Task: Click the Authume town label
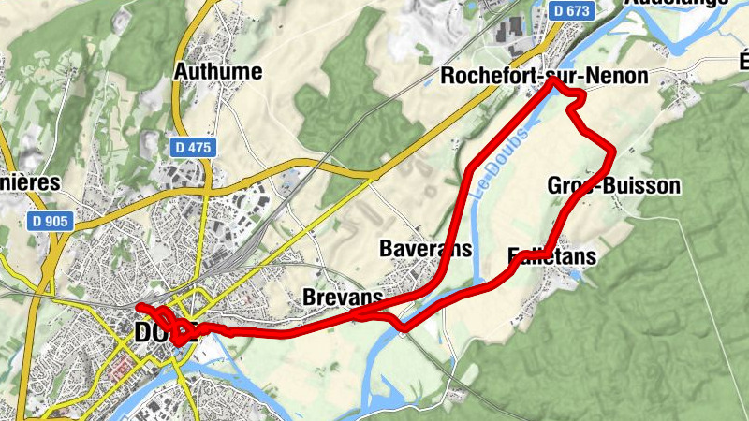click(218, 71)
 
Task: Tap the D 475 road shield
click(194, 148)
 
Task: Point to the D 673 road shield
click(572, 10)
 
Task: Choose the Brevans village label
click(344, 297)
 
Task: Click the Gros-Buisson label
click(613, 185)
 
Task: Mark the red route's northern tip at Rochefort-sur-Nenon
click(552, 80)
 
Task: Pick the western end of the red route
click(139, 307)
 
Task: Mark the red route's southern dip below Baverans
click(403, 327)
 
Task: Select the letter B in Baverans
click(386, 248)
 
